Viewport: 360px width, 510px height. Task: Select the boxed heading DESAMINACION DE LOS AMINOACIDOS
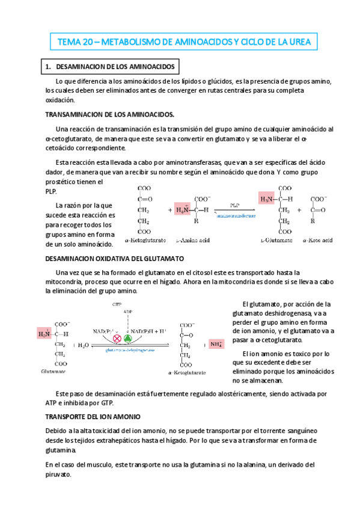coord(109,66)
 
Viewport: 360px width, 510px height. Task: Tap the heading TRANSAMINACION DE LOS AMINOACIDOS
coord(109,114)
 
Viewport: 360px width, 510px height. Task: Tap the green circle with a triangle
coord(127,339)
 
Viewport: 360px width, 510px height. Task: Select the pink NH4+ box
coord(216,345)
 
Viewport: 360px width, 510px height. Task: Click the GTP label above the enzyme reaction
coord(117,305)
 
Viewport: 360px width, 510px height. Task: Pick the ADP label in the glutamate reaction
coord(127,312)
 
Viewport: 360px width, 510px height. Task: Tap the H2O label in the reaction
coord(82,345)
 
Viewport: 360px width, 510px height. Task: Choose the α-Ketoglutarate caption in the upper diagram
coord(146,239)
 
